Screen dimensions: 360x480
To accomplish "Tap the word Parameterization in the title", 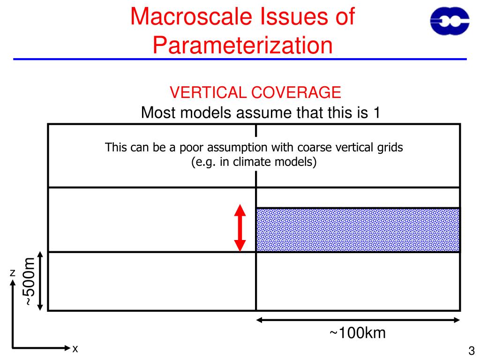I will point(243,45).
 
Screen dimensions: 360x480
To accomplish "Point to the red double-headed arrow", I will point(240,228).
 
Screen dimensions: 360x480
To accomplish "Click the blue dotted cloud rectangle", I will point(358,230).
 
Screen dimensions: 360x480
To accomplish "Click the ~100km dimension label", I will point(358,333).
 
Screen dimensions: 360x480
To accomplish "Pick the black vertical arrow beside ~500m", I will point(40,281).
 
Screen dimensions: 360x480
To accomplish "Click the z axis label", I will point(13,273).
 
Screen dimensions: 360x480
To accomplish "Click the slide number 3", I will point(472,351).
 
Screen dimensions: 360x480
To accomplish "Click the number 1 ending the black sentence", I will point(375,113).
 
